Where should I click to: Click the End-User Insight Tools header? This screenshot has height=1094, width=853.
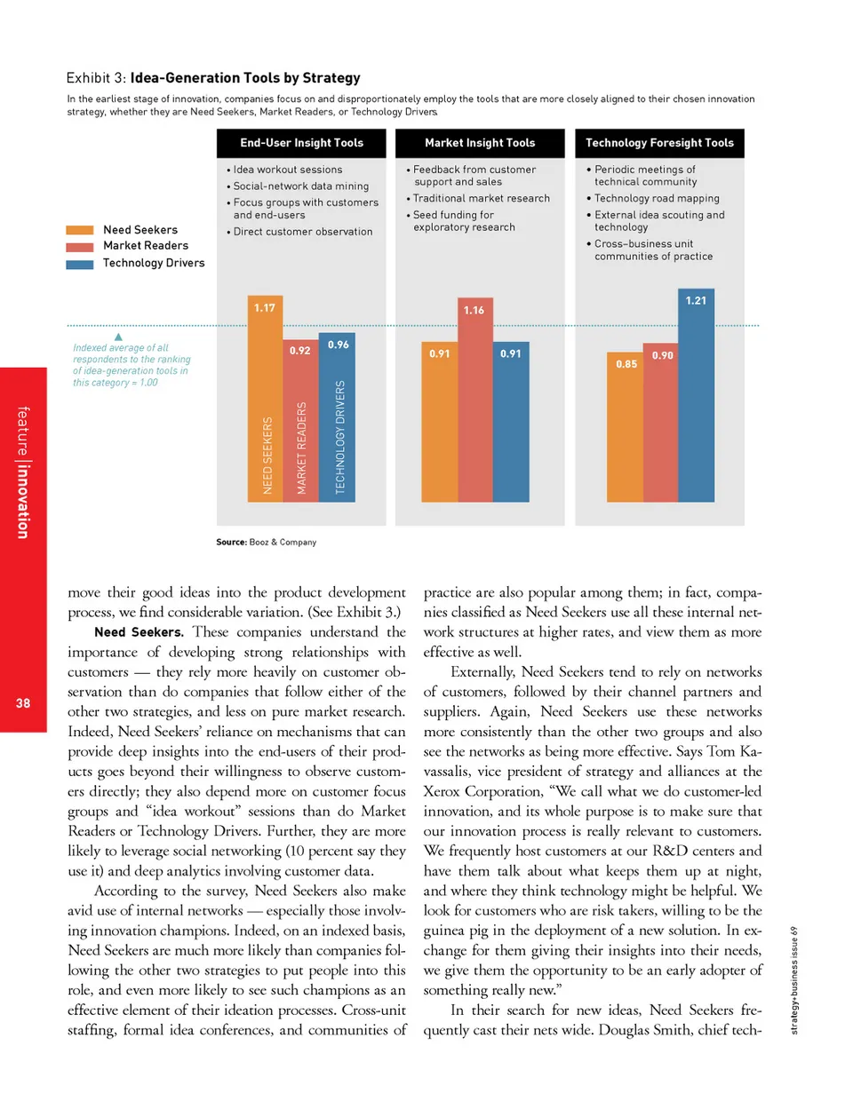302,143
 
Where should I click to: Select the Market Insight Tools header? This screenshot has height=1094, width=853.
480,143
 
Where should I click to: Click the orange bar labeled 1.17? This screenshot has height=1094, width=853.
262,400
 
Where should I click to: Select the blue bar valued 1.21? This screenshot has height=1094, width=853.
694,400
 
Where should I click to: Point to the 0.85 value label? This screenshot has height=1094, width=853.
626,363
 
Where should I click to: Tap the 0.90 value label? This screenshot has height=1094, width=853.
661,355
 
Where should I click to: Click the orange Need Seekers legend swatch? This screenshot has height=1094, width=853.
81,230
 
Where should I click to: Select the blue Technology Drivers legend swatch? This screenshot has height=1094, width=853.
81,263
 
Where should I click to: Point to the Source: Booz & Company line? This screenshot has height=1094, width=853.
267,541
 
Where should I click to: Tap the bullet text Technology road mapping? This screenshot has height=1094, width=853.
657,199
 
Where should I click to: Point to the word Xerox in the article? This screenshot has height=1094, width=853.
449,765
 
